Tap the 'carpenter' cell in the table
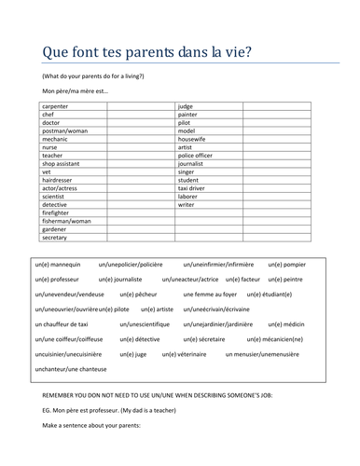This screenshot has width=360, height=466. pos(57,107)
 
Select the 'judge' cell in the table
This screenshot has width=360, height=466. pos(186,107)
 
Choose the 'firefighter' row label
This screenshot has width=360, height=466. pos(57,212)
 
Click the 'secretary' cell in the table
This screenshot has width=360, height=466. pos(55,237)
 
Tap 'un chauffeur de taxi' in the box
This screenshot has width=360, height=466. pos(62,323)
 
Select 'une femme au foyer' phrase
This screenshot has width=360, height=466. pos(210,294)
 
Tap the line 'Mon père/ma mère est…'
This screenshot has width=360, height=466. pos(75,90)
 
